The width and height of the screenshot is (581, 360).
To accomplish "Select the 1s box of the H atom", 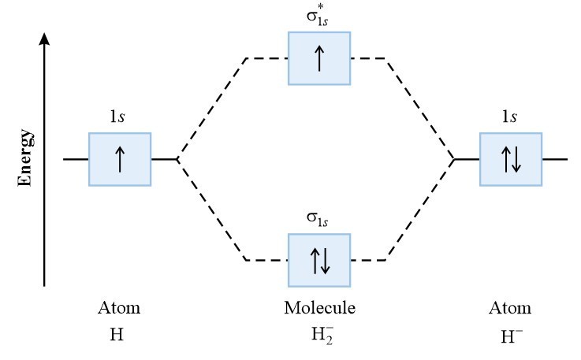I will pos(120,159).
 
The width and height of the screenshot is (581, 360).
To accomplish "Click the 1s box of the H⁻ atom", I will pos(511,159).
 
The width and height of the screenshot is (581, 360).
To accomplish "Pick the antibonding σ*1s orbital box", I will pos(318,58).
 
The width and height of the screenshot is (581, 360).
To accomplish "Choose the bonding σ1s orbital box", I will pos(318,259).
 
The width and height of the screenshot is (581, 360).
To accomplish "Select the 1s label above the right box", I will pos(510,118).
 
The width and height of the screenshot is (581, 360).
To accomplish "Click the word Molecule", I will pos(319,307).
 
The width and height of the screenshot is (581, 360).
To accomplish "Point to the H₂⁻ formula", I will pos(318,334).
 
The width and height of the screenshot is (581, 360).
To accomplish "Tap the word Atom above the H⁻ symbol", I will pos(511,307).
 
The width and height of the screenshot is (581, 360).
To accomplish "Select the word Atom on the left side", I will pos(120,307).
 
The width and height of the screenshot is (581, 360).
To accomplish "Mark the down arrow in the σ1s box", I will pos(325,259).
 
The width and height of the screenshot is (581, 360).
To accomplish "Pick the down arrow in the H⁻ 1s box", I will pos(517,159).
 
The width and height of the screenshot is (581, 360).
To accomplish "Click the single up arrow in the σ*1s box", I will pos(318,58).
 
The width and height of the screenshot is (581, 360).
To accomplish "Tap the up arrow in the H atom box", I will pos(120,159).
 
